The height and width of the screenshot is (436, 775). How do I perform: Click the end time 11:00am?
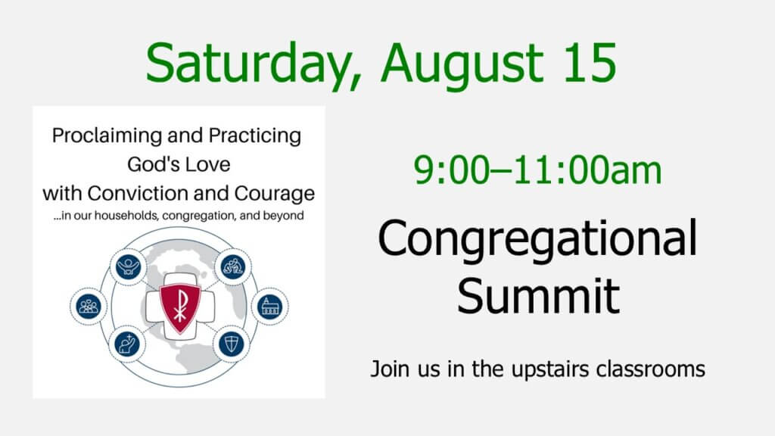(x=587, y=170)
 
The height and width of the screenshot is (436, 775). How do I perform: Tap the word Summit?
(x=538, y=296)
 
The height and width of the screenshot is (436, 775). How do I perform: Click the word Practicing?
(x=254, y=136)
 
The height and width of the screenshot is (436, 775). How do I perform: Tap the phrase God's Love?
(x=179, y=164)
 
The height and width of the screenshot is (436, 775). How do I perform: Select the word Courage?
(x=274, y=194)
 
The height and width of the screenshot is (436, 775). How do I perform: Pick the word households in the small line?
(x=126, y=216)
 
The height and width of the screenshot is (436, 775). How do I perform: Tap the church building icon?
(x=270, y=307)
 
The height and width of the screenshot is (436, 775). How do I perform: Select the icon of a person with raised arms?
(x=128, y=267)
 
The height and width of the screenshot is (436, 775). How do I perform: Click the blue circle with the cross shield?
(x=232, y=344)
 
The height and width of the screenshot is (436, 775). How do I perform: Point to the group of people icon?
(x=89, y=307)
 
